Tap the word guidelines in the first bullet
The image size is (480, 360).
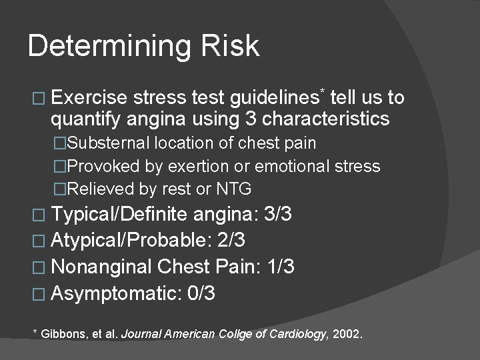point(273,98)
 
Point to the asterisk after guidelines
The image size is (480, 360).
point(323,90)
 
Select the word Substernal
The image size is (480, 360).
point(111,143)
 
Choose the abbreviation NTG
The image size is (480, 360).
point(234,189)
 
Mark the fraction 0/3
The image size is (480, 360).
point(202,293)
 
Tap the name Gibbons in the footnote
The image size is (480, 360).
point(61,333)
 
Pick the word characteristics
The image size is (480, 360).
point(326,119)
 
